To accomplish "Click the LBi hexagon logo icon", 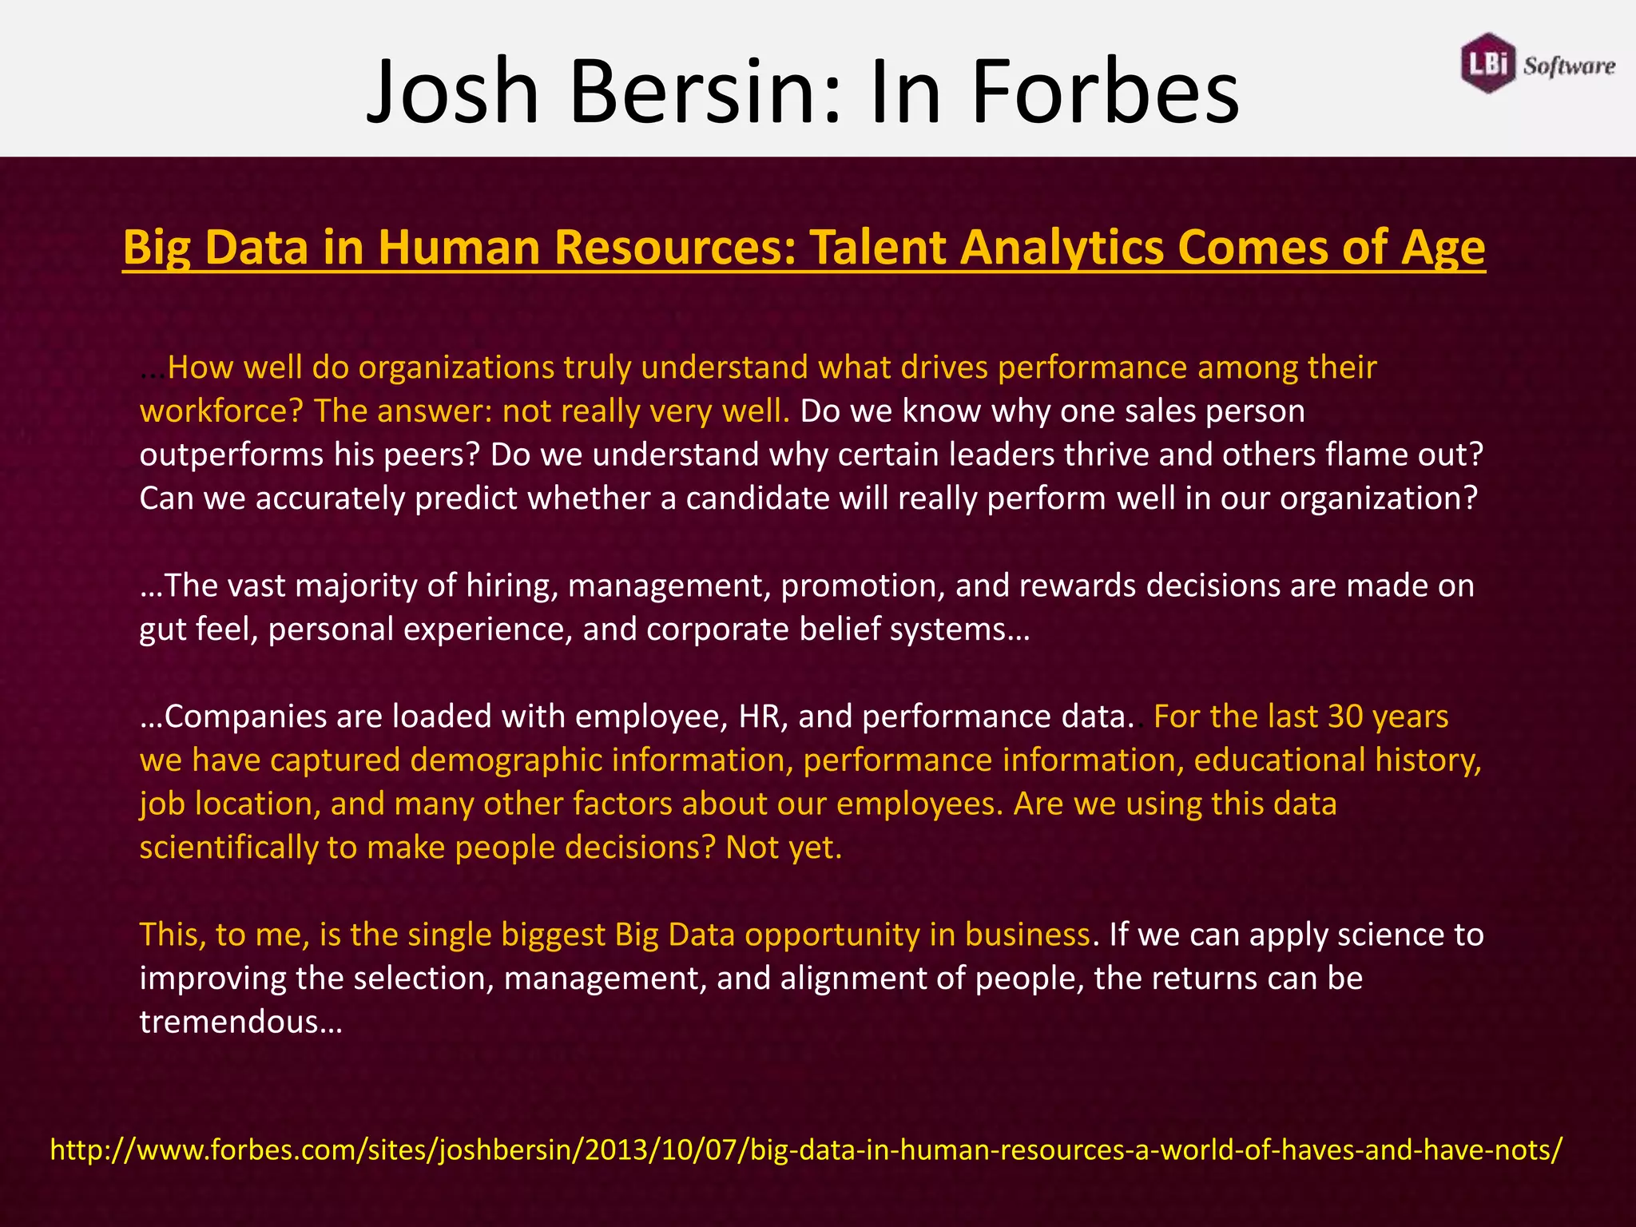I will (x=1487, y=63).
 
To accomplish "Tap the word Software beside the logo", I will (x=1568, y=66).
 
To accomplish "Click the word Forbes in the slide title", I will (x=1104, y=91).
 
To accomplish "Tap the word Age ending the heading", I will (x=1443, y=247).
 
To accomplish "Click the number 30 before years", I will (x=1345, y=717).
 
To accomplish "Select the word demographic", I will (x=506, y=760).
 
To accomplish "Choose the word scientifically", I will (x=228, y=848).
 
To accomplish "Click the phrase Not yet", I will (x=783, y=848).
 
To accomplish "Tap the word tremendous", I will (x=240, y=1022).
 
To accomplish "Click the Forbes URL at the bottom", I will (x=805, y=1150).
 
